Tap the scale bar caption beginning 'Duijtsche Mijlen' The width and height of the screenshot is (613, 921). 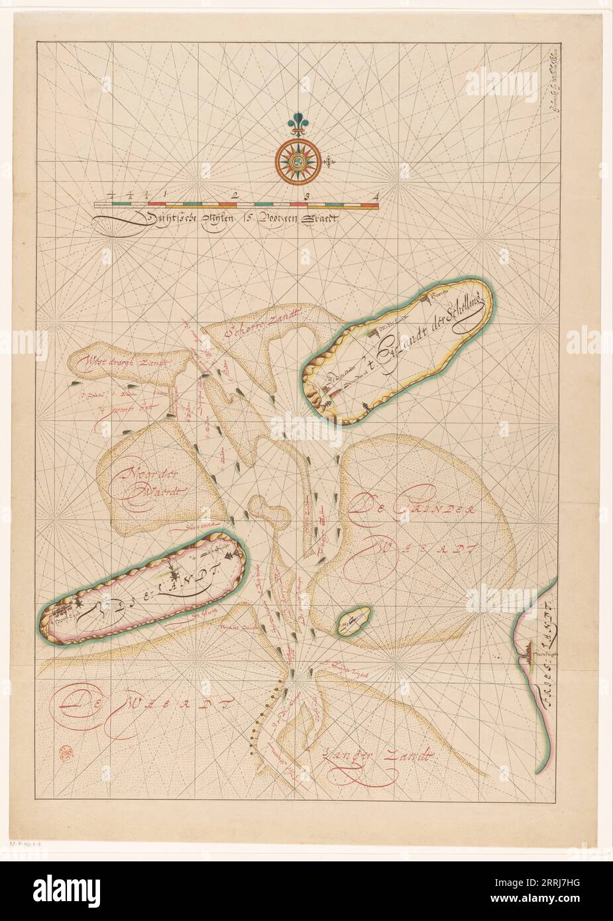point(225,218)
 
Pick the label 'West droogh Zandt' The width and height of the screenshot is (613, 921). point(129,362)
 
